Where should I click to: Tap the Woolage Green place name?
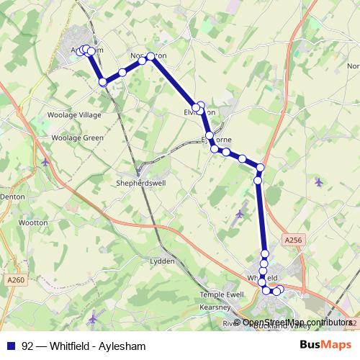[77, 138]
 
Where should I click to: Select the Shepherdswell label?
[140, 183]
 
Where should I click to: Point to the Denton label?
[13, 195]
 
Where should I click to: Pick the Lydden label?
[162, 261]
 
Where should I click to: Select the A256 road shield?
[294, 240]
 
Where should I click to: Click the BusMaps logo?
[325, 346]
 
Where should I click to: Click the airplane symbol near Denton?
[45, 161]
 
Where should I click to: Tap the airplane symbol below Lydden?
[92, 318]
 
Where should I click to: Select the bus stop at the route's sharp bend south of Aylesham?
[103, 82]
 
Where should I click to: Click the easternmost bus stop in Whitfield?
[280, 289]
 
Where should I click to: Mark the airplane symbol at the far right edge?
[319, 181]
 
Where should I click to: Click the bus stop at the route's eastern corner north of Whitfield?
[261, 168]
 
